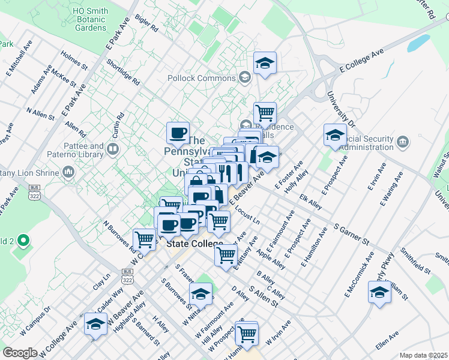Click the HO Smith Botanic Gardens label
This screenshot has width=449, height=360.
[x=90, y=19]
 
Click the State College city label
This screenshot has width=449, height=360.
[x=194, y=244]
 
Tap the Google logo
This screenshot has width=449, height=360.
[x=20, y=353]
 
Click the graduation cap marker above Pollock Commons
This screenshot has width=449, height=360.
[x=264, y=63]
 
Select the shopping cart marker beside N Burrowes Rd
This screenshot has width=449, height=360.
[x=145, y=239]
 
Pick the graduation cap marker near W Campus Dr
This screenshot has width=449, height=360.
[x=95, y=324]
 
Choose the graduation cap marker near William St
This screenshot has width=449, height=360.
[x=379, y=292]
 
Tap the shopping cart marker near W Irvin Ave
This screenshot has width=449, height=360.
[x=247, y=333]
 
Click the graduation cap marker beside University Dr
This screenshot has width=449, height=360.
[x=335, y=134]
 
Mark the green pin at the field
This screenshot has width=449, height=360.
[x=23, y=241]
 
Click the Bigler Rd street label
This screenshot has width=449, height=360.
[x=147, y=23]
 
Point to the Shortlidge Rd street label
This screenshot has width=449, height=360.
[x=122, y=71]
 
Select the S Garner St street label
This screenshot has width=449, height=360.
[x=352, y=234]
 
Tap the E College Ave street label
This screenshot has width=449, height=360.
[x=360, y=62]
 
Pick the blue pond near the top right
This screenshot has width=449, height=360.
[x=419, y=43]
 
